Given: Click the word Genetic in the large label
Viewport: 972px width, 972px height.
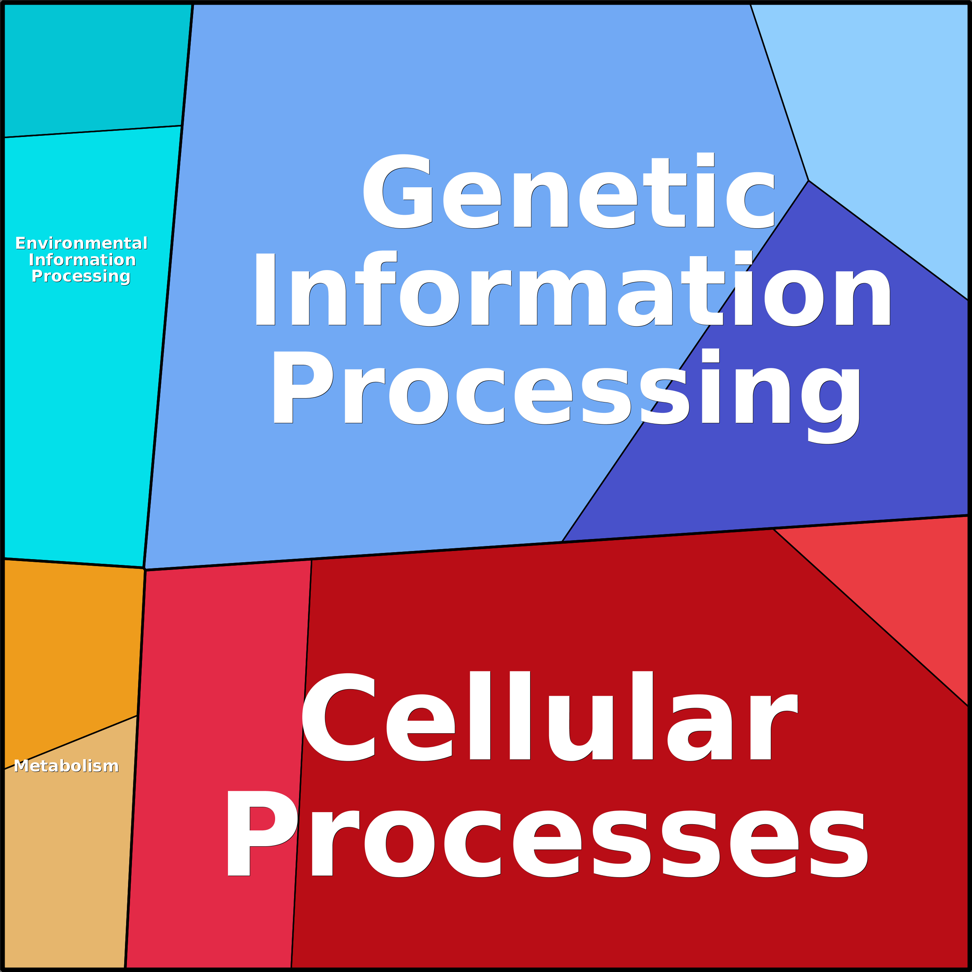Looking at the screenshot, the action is point(568,191).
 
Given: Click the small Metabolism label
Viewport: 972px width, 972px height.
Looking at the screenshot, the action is point(66,766).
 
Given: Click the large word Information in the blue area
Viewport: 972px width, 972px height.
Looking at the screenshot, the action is point(573,289).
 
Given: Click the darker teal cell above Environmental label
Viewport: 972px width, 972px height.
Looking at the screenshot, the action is point(96,68).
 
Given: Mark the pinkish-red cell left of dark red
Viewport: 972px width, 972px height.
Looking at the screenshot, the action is point(219,765).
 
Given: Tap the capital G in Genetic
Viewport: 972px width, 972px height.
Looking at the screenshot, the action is point(397,191).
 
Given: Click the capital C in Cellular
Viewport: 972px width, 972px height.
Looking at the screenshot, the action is point(338,717).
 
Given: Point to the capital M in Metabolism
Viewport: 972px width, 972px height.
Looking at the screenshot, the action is point(21,766).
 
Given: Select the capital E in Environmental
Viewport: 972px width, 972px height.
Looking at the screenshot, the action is point(20,243).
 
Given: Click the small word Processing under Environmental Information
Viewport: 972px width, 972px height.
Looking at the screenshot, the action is point(81,276).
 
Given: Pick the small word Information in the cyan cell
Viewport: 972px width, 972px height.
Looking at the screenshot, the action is point(82,260).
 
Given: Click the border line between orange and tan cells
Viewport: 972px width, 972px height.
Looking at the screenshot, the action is point(70,743).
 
